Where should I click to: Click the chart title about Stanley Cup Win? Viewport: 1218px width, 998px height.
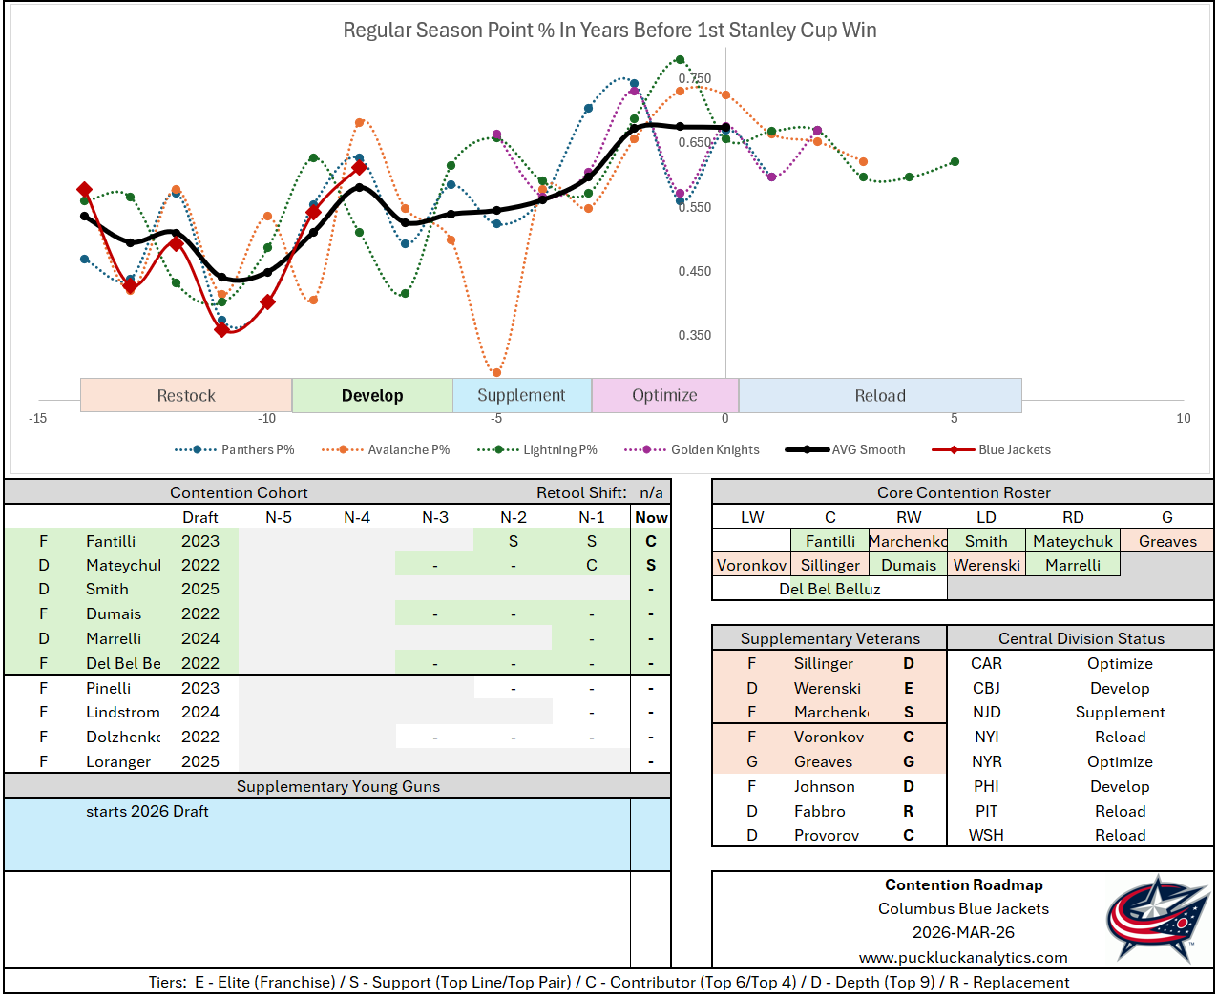(610, 31)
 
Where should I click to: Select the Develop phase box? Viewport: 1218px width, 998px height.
(372, 395)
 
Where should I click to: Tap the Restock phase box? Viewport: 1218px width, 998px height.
(186, 395)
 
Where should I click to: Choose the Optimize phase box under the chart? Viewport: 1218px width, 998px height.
(664, 395)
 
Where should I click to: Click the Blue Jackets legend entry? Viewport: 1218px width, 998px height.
(1014, 449)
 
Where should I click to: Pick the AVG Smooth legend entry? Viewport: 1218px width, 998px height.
(868, 449)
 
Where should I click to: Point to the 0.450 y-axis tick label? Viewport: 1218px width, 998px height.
(695, 271)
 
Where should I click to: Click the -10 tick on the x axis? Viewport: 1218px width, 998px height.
(266, 418)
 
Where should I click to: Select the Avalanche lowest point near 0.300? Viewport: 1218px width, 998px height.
(496, 372)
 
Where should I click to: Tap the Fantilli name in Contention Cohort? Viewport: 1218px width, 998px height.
(111, 541)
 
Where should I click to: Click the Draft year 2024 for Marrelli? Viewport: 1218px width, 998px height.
(200, 638)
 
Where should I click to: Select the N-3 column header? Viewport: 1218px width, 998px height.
(435, 517)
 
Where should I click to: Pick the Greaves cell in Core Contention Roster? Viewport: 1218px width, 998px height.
(1166, 541)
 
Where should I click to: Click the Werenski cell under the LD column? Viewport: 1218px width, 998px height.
(987, 565)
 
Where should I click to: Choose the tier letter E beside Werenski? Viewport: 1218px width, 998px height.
(909, 688)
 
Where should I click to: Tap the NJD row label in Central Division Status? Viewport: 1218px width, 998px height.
(986, 712)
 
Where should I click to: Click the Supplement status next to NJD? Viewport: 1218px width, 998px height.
(1120, 712)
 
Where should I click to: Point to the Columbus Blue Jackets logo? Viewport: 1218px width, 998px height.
(1158, 919)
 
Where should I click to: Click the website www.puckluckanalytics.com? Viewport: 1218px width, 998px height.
(963, 957)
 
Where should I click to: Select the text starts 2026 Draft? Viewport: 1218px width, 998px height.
(147, 811)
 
